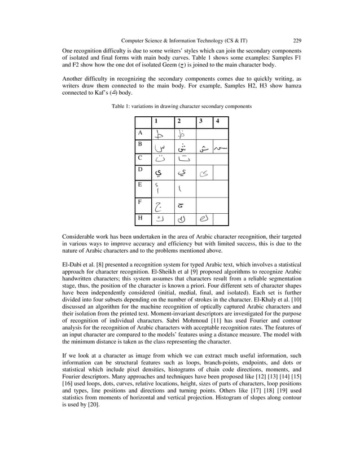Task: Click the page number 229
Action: [x=297, y=41]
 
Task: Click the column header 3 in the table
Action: [x=200, y=121]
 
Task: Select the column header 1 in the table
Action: [x=156, y=121]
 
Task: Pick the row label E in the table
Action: [x=141, y=184]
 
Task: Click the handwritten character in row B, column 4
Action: [x=220, y=148]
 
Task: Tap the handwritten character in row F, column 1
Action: [x=160, y=203]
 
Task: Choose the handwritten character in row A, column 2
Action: [x=181, y=134]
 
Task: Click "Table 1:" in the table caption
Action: [x=124, y=106]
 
